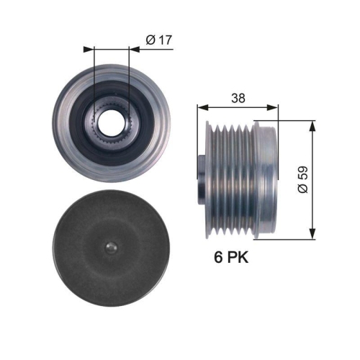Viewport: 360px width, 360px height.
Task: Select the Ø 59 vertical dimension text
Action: click(303, 179)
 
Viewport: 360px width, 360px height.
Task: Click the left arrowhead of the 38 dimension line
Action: click(202, 108)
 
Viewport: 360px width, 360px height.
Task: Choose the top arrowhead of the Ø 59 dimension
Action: click(312, 124)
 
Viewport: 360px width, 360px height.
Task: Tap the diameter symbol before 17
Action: click(149, 41)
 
